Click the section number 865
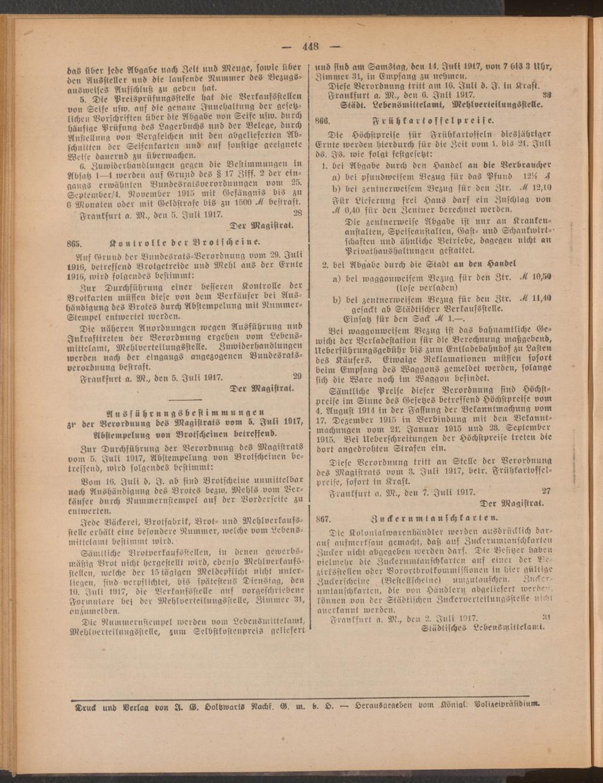(74, 243)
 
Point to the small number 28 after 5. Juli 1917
(297, 213)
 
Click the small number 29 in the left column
(297, 376)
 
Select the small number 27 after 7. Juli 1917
(546, 491)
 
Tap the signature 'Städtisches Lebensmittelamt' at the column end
(482, 626)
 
